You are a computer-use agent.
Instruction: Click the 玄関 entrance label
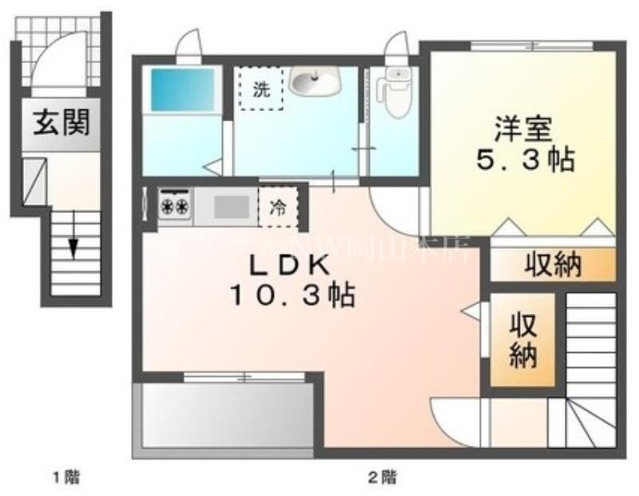61,124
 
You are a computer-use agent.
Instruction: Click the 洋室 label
523,128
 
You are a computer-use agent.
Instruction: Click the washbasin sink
314,80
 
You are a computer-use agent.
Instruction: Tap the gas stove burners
174,205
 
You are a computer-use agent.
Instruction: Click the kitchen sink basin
231,207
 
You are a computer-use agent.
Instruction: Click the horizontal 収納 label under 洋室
553,264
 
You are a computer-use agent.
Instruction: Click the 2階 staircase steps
592,351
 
